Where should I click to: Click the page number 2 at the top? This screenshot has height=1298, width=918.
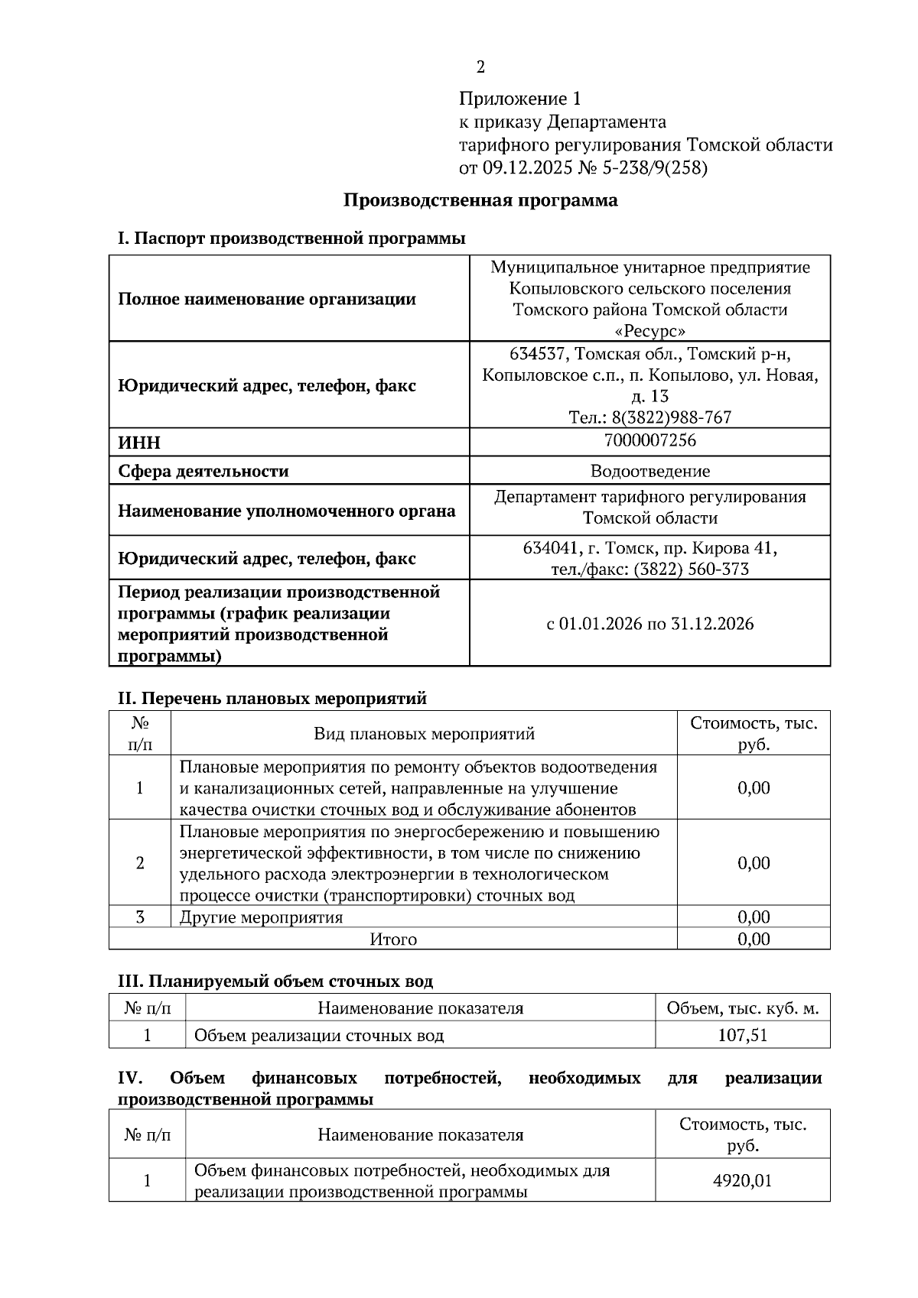[x=480, y=67]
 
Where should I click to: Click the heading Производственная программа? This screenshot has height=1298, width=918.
[x=480, y=200]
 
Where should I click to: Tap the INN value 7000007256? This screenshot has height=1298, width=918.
[x=649, y=440]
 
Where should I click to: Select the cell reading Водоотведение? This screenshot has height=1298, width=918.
[x=649, y=471]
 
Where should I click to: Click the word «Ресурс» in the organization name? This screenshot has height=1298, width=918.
[x=649, y=331]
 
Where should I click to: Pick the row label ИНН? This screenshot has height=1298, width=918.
[x=139, y=443]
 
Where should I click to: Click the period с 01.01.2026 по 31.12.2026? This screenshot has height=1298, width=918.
[x=649, y=624]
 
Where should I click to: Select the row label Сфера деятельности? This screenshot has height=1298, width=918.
[x=203, y=471]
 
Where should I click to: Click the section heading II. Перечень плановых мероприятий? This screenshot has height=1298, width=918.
[x=272, y=698]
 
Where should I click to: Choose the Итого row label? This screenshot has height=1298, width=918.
[x=393, y=939]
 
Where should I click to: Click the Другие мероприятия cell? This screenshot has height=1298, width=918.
[x=261, y=917]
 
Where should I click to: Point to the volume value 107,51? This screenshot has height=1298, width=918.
[x=742, y=1035]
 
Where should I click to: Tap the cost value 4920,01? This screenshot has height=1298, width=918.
[x=742, y=1180]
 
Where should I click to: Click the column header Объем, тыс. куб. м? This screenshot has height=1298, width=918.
[x=742, y=1008]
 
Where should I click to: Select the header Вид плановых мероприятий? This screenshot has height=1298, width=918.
[x=424, y=734]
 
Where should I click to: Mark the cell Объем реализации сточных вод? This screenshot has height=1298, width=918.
[x=319, y=1035]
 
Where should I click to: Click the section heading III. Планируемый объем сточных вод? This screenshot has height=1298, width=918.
[x=275, y=981]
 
